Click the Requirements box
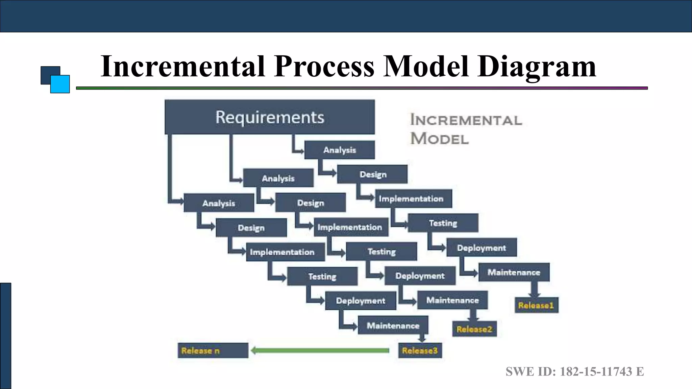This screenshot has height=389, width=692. [270, 117]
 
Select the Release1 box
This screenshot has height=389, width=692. [536, 305]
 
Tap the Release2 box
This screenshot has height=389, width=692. [474, 329]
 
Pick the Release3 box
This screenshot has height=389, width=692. [420, 351]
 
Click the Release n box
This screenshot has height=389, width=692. [213, 351]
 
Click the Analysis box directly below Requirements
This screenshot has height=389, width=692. [339, 150]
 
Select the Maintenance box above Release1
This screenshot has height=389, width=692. [514, 272]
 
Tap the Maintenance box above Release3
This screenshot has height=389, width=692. [393, 326]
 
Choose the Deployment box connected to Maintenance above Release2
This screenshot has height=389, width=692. [420, 276]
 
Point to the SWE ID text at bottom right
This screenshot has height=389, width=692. [574, 371]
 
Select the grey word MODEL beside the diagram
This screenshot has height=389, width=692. [440, 138]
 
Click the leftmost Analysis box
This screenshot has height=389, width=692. [219, 203]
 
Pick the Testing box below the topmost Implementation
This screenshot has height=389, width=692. [443, 223]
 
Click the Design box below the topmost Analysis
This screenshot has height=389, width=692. [372, 174]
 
